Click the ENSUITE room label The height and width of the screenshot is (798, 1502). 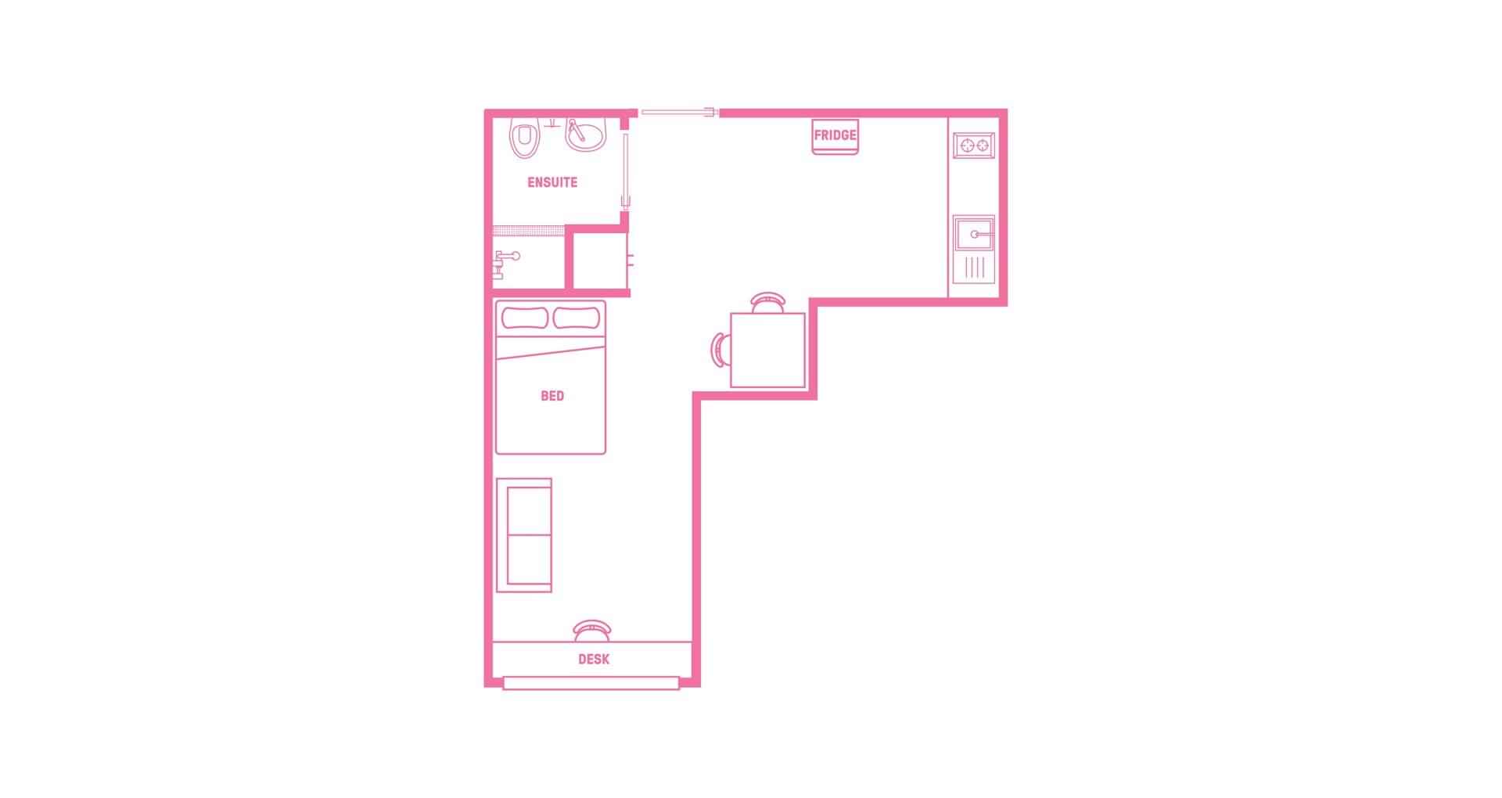[x=552, y=182]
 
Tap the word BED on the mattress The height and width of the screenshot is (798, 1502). [x=552, y=396]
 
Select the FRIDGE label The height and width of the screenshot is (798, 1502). [x=835, y=135]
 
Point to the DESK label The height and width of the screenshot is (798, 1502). [x=594, y=660]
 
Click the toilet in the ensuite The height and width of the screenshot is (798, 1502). [x=525, y=138]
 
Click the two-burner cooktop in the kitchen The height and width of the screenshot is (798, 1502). [x=974, y=145]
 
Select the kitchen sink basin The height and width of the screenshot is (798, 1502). [x=974, y=233]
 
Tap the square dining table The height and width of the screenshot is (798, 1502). [x=767, y=350]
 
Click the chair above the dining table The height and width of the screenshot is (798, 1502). [x=767, y=302]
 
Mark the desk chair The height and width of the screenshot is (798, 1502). [x=592, y=630]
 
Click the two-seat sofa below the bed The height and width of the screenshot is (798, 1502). [x=524, y=536]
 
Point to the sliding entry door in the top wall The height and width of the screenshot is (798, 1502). [x=678, y=113]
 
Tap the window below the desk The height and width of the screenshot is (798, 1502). [x=591, y=684]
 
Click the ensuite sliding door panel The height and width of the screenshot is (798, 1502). [x=625, y=168]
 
